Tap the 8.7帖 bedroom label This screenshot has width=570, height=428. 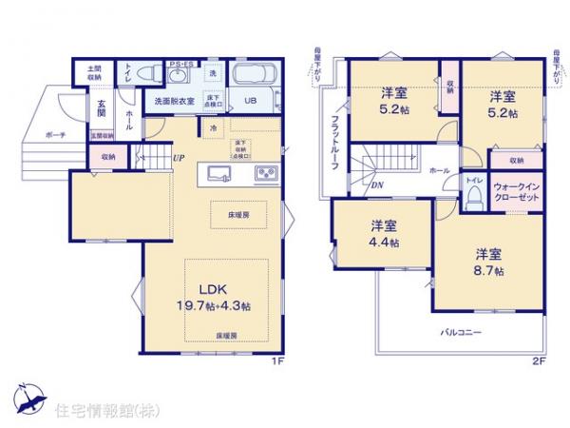(490, 263)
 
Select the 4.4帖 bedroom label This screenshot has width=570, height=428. (384, 235)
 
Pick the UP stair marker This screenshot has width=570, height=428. (179, 158)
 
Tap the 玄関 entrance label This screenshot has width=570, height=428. (100, 108)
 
